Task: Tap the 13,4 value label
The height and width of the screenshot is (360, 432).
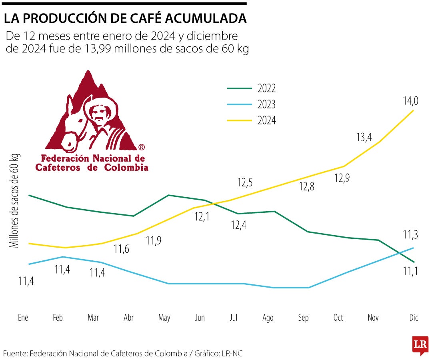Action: (x=364, y=137)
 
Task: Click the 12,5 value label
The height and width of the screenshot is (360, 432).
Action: (x=245, y=183)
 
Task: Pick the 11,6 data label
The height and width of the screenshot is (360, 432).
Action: (x=122, y=249)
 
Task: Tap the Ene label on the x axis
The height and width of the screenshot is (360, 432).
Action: (x=23, y=318)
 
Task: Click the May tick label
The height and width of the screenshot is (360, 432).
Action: (x=164, y=318)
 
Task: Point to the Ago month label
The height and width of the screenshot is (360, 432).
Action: (x=268, y=318)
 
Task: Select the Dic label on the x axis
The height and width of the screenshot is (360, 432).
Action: (x=414, y=318)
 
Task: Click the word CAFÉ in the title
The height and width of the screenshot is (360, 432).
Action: (x=154, y=18)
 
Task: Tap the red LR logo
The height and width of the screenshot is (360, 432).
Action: (x=420, y=345)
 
